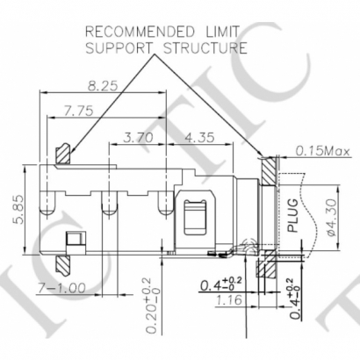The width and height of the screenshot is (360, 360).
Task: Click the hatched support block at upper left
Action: (x=63, y=155)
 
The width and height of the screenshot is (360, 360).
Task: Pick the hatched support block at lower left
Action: (x=62, y=263)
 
